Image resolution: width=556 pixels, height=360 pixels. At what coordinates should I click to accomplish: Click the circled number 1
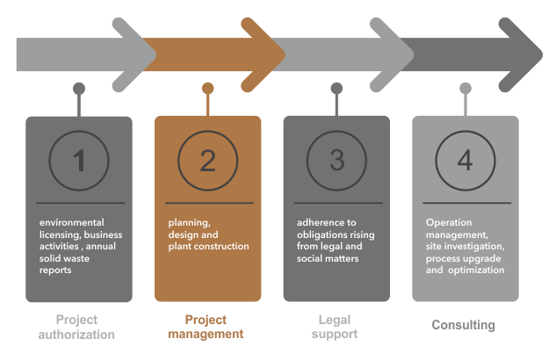(x=79, y=161)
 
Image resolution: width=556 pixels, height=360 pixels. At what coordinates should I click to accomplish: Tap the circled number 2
(x=207, y=161)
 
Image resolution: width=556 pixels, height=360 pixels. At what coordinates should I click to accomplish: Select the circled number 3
(x=336, y=161)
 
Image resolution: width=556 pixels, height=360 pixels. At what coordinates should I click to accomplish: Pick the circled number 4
(x=465, y=161)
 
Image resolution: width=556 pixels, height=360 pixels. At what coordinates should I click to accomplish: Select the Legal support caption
(x=336, y=327)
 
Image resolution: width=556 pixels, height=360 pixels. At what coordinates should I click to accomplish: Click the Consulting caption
(x=464, y=326)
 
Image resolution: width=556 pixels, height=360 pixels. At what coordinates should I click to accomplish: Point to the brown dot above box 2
(x=207, y=88)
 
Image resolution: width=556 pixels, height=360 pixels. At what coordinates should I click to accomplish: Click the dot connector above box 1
(x=79, y=88)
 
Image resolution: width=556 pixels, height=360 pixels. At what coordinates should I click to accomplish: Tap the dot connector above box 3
(x=336, y=88)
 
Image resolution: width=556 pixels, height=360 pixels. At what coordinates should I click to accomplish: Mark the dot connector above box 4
(x=466, y=88)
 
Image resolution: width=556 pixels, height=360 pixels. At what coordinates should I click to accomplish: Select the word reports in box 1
(x=55, y=270)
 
